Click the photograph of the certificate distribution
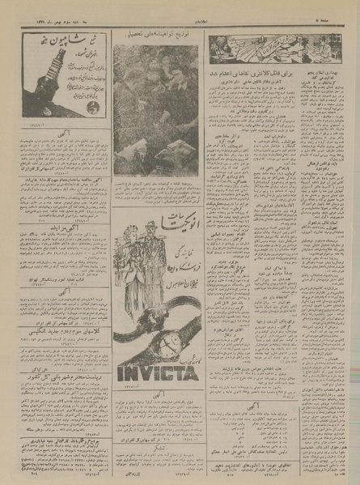155,109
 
